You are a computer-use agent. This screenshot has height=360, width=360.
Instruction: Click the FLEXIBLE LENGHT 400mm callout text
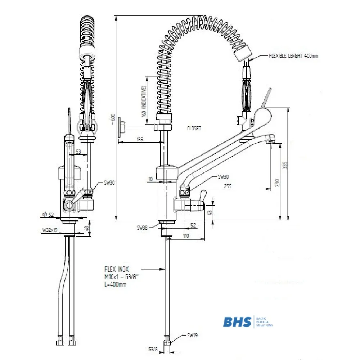(293, 56)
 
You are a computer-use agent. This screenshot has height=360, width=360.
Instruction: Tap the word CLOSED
(194, 129)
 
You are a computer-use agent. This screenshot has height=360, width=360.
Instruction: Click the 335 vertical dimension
(285, 165)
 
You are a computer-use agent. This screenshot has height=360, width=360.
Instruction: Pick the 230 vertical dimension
(276, 183)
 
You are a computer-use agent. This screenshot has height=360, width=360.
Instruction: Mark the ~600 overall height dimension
(113, 119)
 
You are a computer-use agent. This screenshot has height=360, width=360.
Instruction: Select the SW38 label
(143, 227)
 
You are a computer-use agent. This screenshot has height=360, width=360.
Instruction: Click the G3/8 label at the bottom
(153, 349)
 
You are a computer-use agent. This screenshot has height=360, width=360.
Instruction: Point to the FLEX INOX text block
(117, 276)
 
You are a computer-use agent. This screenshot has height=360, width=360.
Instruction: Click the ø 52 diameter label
(48, 215)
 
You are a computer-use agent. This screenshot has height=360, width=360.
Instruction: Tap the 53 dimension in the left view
(78, 152)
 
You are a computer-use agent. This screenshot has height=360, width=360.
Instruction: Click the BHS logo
(237, 321)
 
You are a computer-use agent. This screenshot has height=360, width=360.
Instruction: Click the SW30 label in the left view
(109, 183)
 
